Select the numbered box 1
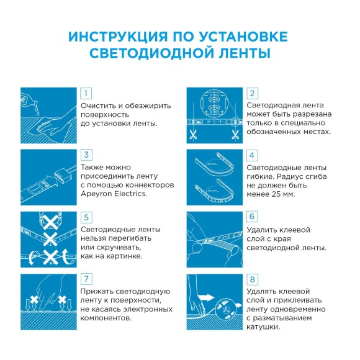87,93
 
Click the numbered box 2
252,93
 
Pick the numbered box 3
87,155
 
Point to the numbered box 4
252,155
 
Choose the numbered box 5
87,217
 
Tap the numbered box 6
252,217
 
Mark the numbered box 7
87,279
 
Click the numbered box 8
252,279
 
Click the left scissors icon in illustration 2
193,134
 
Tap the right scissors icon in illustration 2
235,134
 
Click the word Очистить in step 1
99,106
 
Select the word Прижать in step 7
98,292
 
